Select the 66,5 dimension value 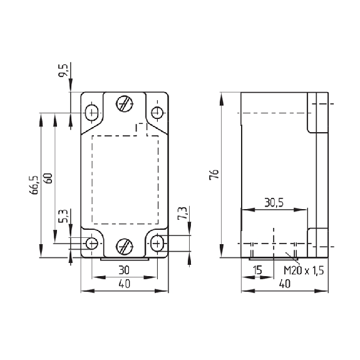[34, 185]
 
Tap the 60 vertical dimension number [49, 178]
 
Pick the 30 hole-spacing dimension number [124, 270]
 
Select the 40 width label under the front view [124, 284]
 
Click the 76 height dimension [215, 174]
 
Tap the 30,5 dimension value [274, 202]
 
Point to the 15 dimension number [257, 270]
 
